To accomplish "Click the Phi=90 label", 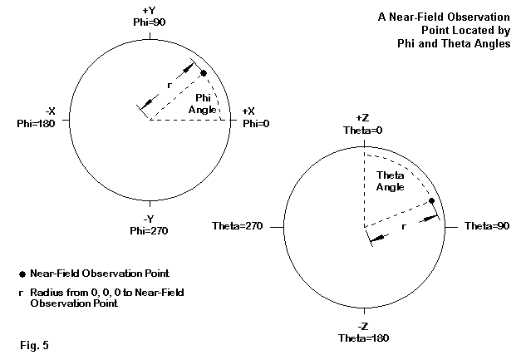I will [148, 22].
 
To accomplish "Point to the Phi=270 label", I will [148, 230].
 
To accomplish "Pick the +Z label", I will [364, 120].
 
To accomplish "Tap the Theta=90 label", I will [484, 226].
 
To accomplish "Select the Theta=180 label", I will [364, 339].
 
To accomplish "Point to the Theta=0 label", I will [364, 131].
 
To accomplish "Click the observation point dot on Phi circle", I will [204, 74].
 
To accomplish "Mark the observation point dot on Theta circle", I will [431, 201].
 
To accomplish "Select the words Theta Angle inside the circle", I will [390, 181].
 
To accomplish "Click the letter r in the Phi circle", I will [170, 85].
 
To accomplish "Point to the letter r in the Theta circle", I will [405, 224].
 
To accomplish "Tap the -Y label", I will [148, 219].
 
